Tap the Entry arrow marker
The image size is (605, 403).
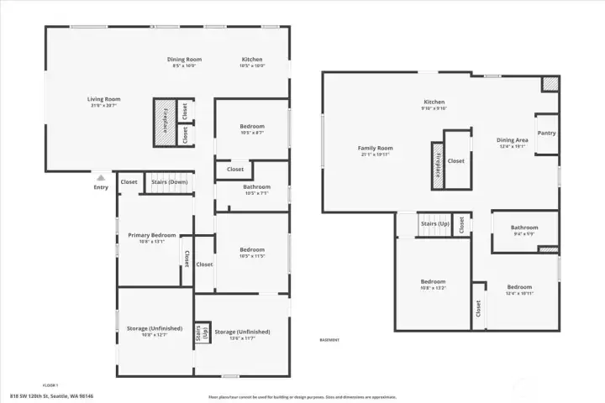[x=101, y=178]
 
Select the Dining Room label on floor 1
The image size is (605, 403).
[x=184, y=60]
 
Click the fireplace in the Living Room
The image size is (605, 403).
[x=166, y=121]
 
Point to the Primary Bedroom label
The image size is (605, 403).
[x=152, y=235]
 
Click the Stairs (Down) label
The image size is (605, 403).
[x=169, y=181]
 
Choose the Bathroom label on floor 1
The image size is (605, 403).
[x=256, y=186]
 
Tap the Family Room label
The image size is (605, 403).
[x=376, y=148]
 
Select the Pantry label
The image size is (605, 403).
[x=546, y=133]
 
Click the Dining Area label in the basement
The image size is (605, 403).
[x=512, y=140]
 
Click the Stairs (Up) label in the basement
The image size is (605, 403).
[x=435, y=224]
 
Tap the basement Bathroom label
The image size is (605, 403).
[x=524, y=227]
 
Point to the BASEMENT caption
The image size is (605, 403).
[x=329, y=340]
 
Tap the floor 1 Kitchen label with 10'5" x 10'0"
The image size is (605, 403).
[x=252, y=65]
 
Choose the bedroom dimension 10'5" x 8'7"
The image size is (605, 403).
[x=252, y=133]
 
